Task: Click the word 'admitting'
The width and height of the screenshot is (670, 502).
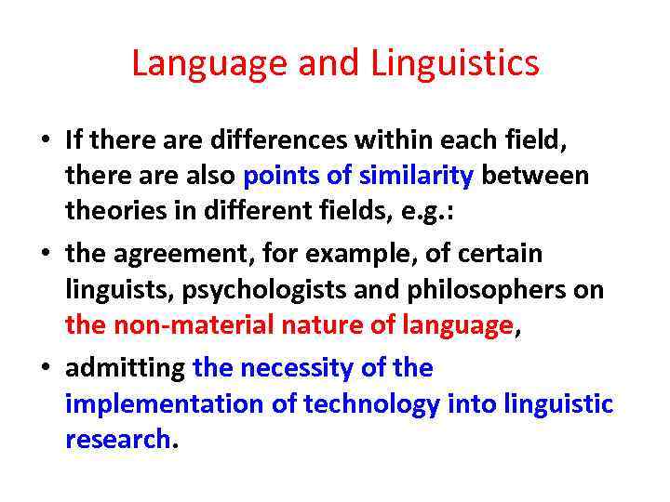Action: coord(125,367)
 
